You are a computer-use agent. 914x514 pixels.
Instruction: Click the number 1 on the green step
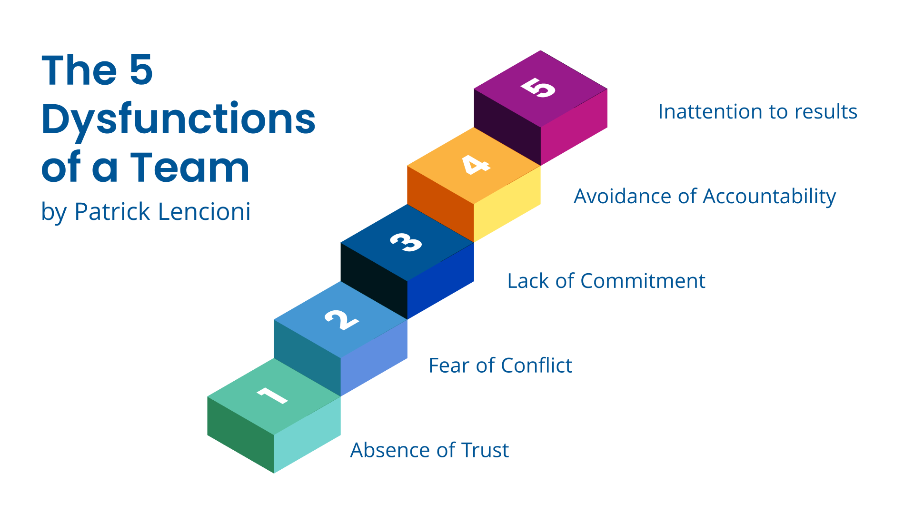tap(272, 395)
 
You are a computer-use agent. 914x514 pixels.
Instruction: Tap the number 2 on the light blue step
tap(342, 320)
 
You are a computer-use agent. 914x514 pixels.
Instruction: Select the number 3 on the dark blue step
tap(406, 242)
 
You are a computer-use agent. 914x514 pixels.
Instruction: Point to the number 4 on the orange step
tap(476, 165)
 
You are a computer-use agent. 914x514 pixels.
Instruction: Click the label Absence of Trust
tap(429, 450)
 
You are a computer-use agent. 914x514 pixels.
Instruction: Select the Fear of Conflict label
tap(500, 366)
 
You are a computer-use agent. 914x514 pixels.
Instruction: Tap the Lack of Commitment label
tap(606, 281)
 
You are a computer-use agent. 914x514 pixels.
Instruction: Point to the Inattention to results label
tap(757, 112)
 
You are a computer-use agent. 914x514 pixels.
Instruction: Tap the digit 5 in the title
tap(141, 69)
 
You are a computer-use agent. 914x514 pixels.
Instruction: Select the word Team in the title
tap(189, 167)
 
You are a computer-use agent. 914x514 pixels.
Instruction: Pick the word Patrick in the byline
tap(112, 211)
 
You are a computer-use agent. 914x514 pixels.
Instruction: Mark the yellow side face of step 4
tap(507, 204)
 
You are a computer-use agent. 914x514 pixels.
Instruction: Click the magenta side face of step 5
tap(574, 127)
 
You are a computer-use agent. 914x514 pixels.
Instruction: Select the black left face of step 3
tap(374, 281)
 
